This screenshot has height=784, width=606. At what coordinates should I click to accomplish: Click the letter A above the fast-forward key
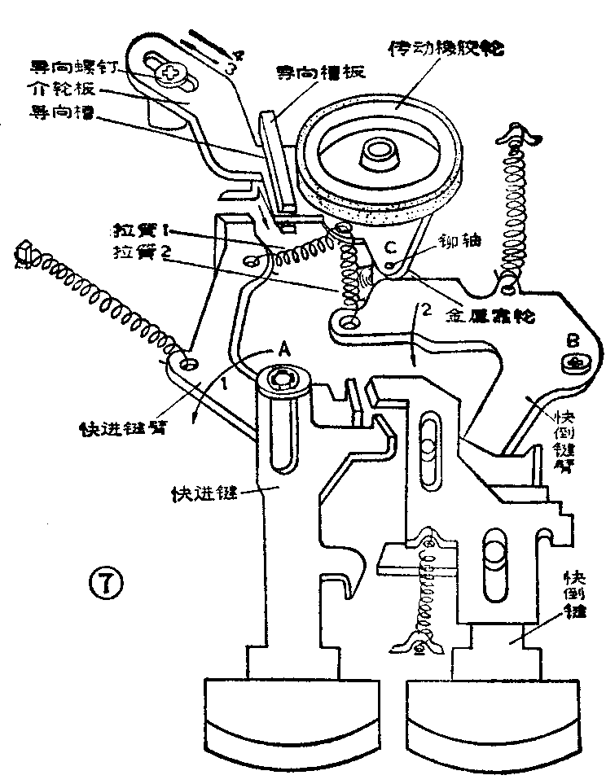283,348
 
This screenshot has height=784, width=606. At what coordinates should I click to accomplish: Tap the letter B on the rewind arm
572,336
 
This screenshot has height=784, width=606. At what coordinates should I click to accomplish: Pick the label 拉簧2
144,252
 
